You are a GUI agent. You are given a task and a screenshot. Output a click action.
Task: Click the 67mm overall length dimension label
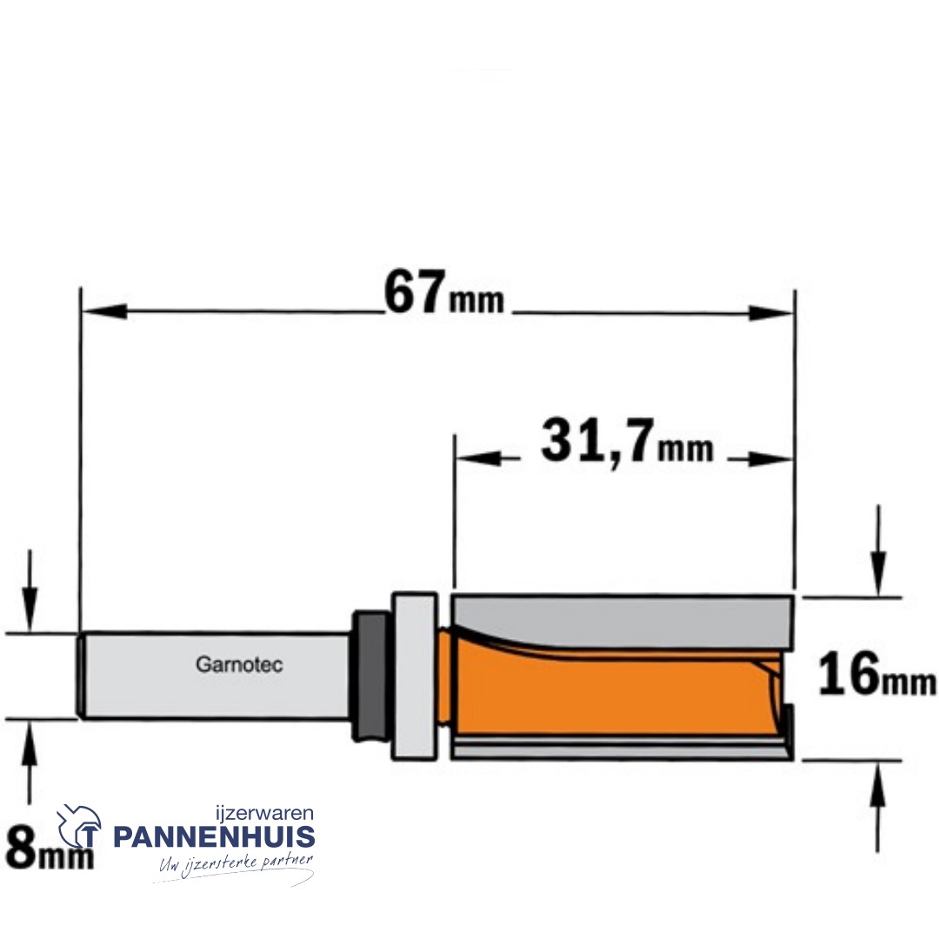pos(443,293)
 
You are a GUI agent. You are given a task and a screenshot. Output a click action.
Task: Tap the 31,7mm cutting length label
pos(627,443)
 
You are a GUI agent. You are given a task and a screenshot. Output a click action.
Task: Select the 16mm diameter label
pos(876,675)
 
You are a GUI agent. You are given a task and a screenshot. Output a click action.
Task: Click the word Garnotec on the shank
pos(239,665)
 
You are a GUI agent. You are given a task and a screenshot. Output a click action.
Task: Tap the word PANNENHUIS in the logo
pos(214,836)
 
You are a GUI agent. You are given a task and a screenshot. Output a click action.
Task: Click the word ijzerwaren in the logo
pos(264,813)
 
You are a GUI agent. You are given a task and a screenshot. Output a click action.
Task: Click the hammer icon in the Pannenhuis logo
pos(78,827)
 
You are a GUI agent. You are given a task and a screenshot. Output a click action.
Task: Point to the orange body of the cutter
pos(611,689)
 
